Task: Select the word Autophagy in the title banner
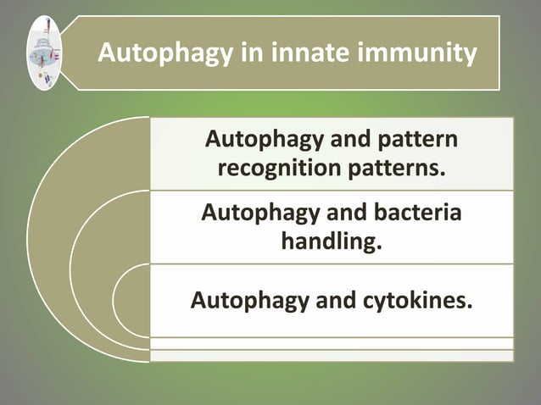(x=162, y=53)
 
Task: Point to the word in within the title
(x=246, y=53)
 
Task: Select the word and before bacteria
(x=337, y=212)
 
